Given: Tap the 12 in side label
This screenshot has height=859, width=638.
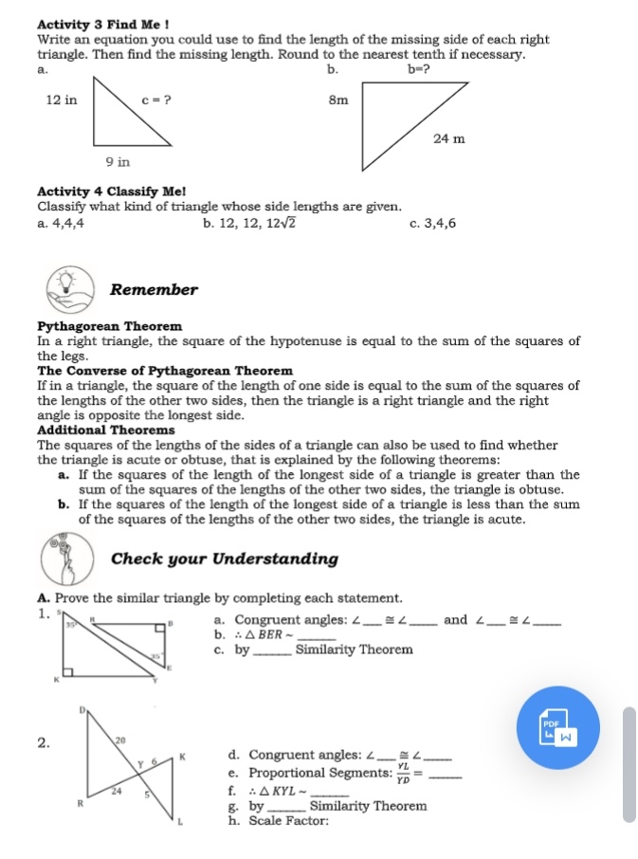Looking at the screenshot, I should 62,99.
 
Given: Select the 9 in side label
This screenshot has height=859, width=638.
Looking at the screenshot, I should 118,162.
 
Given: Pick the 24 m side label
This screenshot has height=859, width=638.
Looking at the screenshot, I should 448,138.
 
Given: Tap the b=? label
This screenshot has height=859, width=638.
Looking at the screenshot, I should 419,69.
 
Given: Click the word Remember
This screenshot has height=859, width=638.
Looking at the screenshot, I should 154,290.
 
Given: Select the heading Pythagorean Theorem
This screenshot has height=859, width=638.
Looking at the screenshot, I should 109,326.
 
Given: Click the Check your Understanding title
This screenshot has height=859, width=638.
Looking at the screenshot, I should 225,558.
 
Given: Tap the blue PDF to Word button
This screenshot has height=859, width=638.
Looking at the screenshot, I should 559,726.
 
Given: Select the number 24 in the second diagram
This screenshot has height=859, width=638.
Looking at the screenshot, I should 117,789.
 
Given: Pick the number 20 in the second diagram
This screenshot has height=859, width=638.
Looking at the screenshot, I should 120,738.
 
